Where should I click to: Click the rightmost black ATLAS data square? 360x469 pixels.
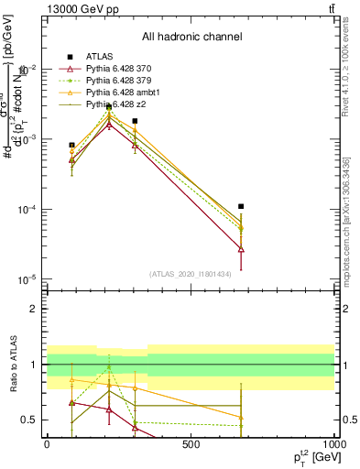[241, 207]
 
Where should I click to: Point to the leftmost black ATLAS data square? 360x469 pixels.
[72, 145]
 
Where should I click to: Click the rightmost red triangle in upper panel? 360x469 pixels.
[241, 249]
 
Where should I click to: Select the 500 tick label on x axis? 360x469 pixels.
[191, 444]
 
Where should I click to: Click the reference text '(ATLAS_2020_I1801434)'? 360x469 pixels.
[191, 274]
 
